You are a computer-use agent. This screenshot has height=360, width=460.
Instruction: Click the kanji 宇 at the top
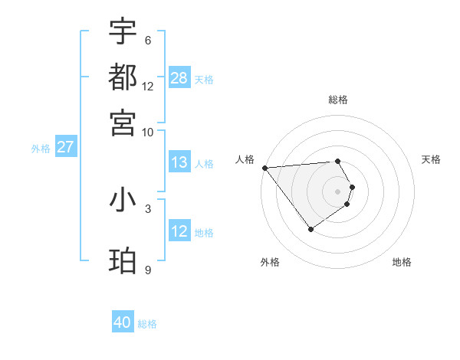point(123,32)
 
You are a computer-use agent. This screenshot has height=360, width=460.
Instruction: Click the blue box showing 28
point(179,77)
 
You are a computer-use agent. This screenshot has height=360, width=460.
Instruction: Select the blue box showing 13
point(179,162)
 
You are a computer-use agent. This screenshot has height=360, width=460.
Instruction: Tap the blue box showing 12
point(179,231)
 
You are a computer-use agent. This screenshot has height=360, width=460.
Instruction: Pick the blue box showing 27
point(65,147)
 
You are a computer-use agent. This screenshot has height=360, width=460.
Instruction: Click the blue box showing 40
point(123,322)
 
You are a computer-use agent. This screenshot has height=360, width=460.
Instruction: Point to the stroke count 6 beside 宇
point(147,40)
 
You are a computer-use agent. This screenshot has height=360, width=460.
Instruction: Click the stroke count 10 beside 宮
point(147,132)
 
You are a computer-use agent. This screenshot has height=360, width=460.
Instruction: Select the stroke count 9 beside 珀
point(147,270)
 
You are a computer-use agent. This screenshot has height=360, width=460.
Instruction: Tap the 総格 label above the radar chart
point(338,100)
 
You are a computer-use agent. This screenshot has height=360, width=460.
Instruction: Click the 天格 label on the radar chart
point(432,159)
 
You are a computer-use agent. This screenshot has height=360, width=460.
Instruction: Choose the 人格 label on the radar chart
point(245,159)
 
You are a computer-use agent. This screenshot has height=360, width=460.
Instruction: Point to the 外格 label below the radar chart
point(270,262)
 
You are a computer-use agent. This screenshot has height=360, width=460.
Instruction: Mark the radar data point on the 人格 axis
point(264,168)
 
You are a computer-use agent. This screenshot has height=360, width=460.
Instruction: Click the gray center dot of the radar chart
point(337,191)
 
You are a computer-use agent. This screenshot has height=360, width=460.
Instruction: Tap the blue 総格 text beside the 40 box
point(147,324)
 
